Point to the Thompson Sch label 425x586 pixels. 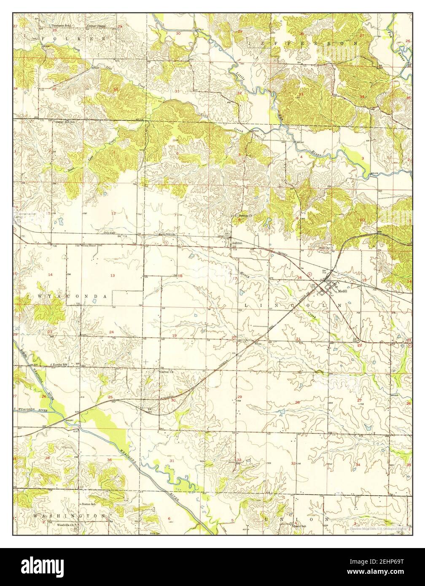click(61, 26)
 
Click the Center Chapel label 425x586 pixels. click(96, 26)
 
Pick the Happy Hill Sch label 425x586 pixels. click(65, 122)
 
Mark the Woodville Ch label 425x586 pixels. click(67, 525)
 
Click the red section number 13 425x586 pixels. click(113, 275)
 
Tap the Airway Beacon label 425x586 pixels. click(89, 245)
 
